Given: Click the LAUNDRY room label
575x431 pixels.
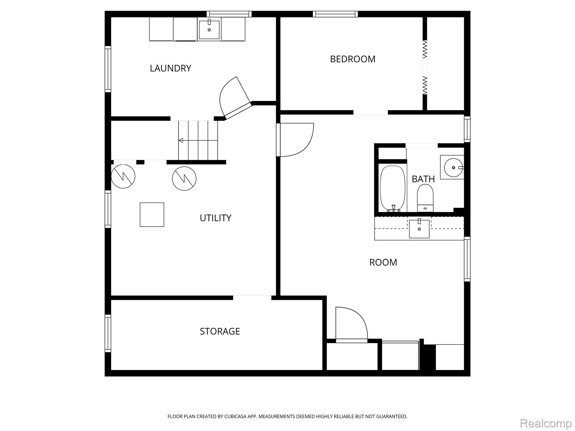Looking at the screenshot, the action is [x=170, y=68].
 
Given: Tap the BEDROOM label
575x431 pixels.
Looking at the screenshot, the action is [x=353, y=59].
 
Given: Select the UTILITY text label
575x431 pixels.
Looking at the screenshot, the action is [x=215, y=218].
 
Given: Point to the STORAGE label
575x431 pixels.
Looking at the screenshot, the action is [x=220, y=331].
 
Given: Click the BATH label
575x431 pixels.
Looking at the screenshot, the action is [x=423, y=179].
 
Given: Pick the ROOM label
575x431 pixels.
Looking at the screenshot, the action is [x=383, y=262].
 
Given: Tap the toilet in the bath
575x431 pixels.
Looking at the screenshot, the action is [x=425, y=198].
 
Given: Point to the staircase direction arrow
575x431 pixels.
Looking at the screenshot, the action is [x=198, y=140].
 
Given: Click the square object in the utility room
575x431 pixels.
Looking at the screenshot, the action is [x=152, y=215].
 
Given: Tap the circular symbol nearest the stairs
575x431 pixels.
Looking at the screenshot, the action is [x=184, y=178].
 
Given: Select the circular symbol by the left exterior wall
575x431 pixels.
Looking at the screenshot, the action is [x=123, y=176].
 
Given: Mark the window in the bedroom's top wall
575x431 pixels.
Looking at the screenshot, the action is [x=335, y=14].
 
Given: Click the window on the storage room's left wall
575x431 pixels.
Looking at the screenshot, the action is [x=108, y=333].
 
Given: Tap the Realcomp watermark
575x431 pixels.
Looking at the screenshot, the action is [x=546, y=423].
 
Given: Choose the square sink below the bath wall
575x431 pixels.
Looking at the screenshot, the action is [x=419, y=228].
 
